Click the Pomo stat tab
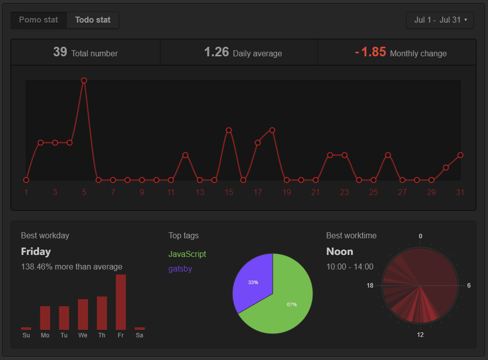pos(39,20)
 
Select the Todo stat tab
pos(93,20)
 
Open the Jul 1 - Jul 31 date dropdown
pos(440,20)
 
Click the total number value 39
pos(60,52)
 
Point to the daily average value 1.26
pos(217,52)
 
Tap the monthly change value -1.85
pos(371,52)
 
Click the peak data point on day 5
pos(84,80)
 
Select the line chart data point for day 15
pos(229,130)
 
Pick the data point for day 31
pos(460,155)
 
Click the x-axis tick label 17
pos(258,192)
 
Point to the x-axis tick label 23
pos(345,192)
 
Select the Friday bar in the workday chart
pos(121,302)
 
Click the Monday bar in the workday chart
pos(45,318)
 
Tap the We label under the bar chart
pos(83,335)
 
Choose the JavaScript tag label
pos(187,254)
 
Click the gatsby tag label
pos(180,269)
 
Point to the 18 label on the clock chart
pos(370,286)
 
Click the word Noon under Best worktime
pos(340,251)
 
